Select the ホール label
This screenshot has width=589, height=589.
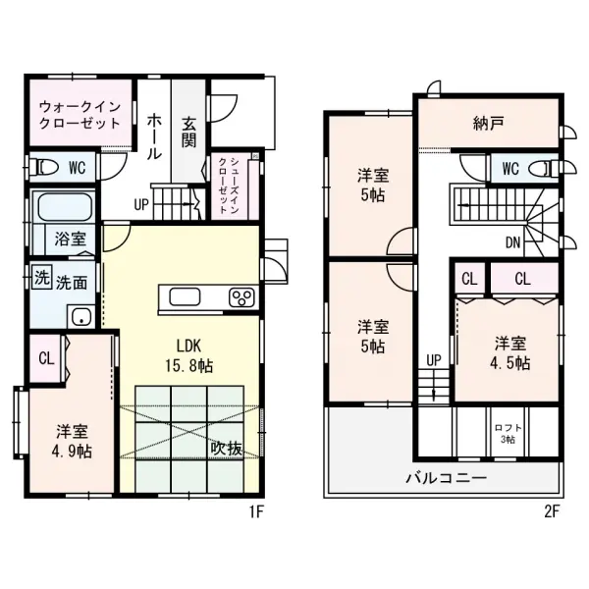coord(155,136)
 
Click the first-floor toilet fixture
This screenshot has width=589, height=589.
coord(44,165)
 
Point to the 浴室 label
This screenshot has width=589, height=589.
coord(70,239)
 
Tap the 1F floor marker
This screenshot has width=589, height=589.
coord(255,511)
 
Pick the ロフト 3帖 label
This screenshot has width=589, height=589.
coord(509,433)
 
